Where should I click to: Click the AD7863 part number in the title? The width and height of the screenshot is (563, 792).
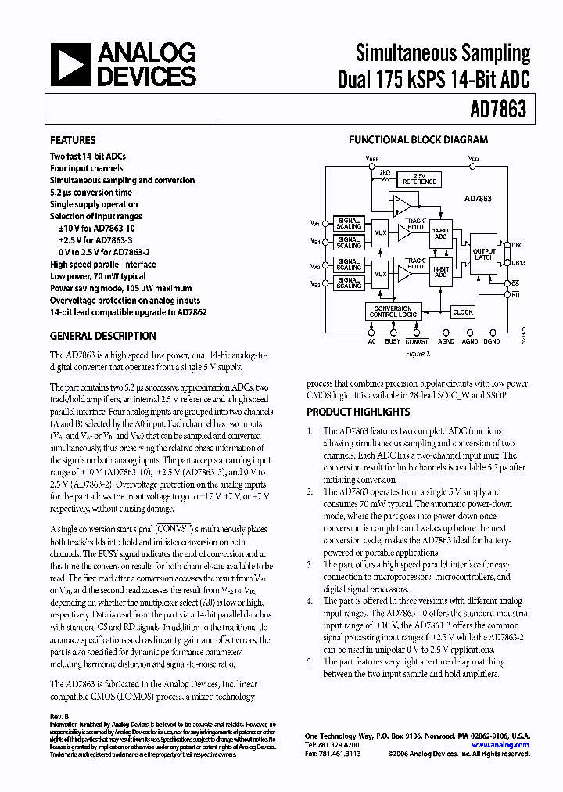[498, 109]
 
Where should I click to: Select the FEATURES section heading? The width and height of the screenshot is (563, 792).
[73, 141]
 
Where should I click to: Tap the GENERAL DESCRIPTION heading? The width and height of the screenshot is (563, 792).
[102, 336]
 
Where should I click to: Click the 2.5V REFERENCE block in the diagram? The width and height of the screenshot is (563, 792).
[419, 179]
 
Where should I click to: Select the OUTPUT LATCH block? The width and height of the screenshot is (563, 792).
[484, 254]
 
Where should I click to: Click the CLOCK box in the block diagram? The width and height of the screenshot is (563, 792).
[463, 312]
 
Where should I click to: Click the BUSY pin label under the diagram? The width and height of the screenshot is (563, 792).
[393, 341]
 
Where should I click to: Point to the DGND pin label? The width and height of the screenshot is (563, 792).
[492, 341]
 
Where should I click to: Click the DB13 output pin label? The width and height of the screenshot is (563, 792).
[518, 263]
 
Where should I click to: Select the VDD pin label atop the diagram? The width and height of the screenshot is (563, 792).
[474, 157]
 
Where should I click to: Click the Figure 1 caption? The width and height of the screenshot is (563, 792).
[417, 354]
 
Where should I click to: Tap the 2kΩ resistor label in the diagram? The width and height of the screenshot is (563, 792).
[385, 171]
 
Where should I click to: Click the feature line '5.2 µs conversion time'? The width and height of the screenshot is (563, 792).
[91, 193]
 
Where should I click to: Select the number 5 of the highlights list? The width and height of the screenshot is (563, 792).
[310, 661]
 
